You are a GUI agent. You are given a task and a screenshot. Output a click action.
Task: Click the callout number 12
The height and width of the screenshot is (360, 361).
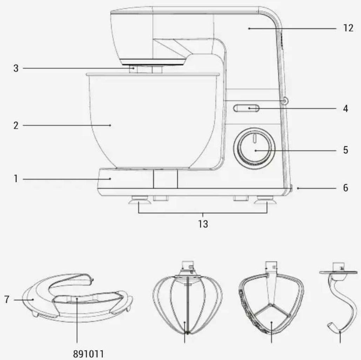(x=348, y=28)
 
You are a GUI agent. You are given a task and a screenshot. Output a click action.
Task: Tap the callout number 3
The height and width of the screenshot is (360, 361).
(x=16, y=68)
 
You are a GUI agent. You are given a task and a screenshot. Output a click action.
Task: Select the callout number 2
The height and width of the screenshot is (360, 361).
(x=16, y=126)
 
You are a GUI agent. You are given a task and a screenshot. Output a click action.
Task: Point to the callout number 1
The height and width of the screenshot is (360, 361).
(x=16, y=179)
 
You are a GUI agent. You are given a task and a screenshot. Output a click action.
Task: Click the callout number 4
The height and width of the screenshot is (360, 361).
(x=345, y=108)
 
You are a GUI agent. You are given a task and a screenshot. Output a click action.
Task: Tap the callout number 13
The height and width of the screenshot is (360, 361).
(x=203, y=224)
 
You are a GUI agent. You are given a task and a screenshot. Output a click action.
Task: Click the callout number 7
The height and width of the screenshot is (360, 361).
(x=7, y=299)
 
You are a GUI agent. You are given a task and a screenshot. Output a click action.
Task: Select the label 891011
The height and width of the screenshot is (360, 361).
(x=88, y=354)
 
